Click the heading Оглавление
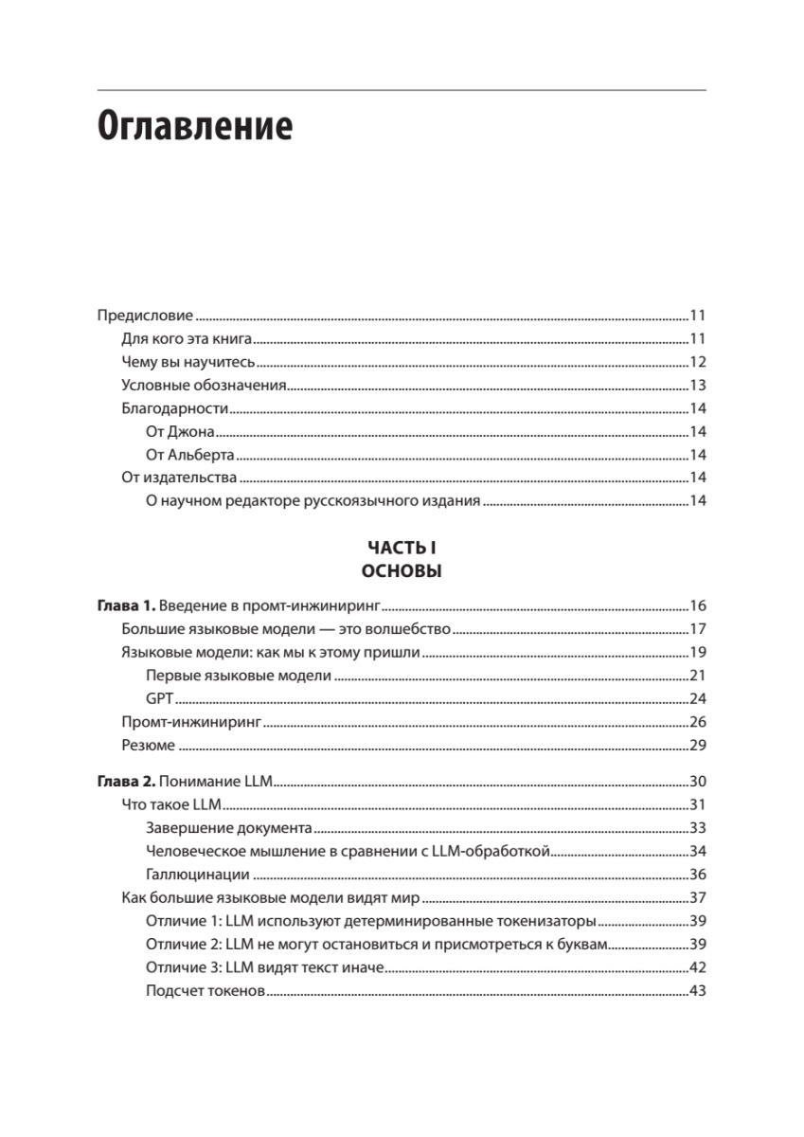(x=195, y=126)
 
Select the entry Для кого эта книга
(x=185, y=339)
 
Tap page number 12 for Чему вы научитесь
(x=697, y=362)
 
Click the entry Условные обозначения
(x=204, y=385)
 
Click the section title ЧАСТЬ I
(x=402, y=548)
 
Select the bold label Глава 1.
(x=127, y=606)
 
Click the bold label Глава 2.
(x=127, y=781)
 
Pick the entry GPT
(x=159, y=699)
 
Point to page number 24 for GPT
(x=697, y=699)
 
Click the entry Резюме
(x=149, y=746)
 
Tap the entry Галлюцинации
(x=198, y=874)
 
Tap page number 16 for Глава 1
(x=697, y=606)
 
